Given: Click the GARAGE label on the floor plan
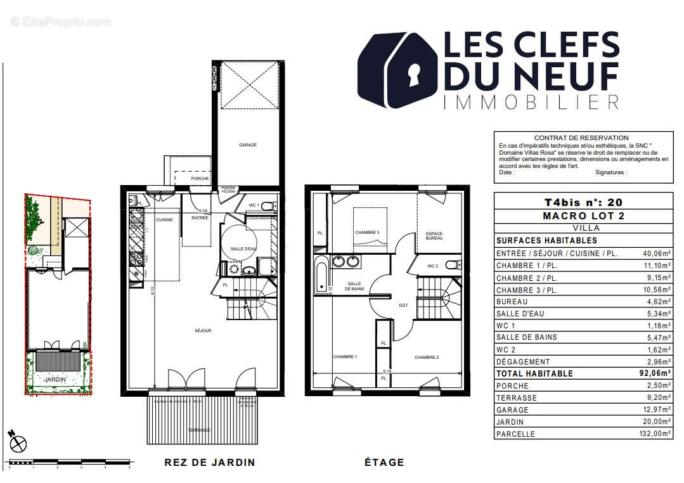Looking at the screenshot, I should point(247,145).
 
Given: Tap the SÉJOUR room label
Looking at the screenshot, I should point(203,331).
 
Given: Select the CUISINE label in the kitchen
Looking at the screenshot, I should point(164,219).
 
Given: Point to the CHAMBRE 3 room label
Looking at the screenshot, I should point(367,233).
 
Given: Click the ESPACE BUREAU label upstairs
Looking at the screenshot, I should point(434,236).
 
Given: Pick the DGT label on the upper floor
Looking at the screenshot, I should point(403,306).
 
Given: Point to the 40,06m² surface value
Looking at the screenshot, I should point(656,254).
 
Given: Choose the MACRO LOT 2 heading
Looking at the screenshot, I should point(583,216).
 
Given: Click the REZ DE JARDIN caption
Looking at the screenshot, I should point(209,462).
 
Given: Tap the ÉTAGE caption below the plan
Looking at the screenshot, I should point(384,462).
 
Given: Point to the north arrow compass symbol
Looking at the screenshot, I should point(18,442).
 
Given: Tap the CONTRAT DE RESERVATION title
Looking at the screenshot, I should point(581,138).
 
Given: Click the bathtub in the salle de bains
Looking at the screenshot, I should point(322,276).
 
